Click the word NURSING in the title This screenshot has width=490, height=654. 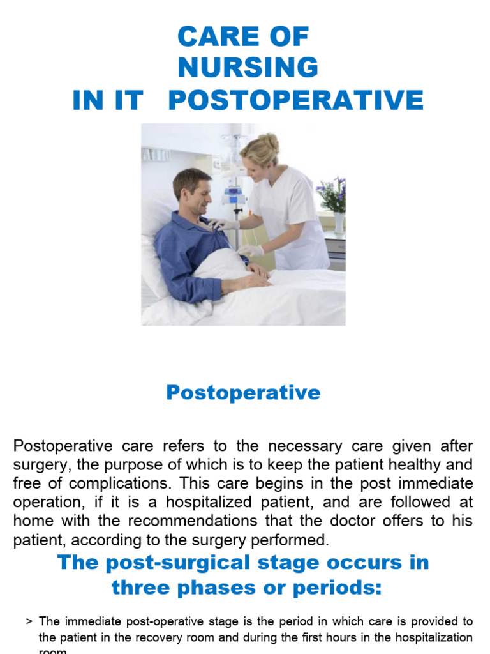point(248,68)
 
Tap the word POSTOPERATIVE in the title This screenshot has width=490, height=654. point(295,100)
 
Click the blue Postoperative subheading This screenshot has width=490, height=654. point(243,392)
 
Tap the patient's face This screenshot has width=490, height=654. point(197,193)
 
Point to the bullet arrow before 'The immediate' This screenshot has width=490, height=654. point(29,621)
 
